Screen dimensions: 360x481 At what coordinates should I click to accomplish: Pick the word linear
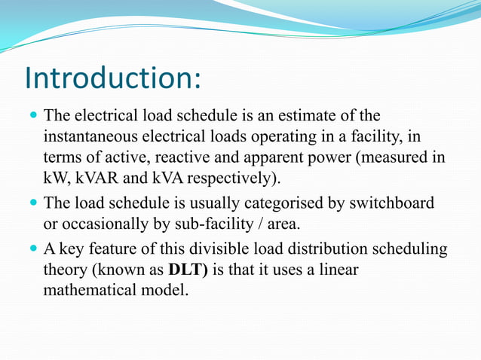335,269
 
